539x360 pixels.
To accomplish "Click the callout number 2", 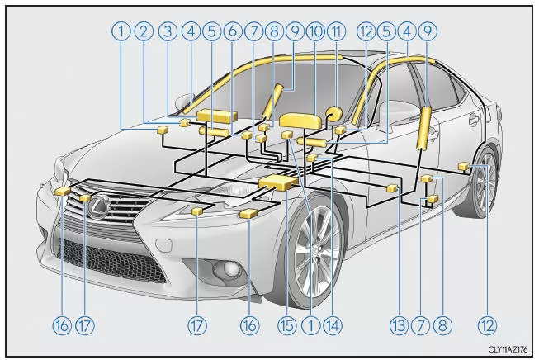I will (x=144, y=32).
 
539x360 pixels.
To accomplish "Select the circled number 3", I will (x=168, y=32).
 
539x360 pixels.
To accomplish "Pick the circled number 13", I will (x=400, y=325).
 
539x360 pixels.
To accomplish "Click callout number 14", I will (x=332, y=325).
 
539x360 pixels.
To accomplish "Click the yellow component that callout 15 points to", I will (x=278, y=182).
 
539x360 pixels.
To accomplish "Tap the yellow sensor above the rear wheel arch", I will (x=464, y=168).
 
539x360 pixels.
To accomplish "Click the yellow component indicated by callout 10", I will (x=300, y=121).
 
